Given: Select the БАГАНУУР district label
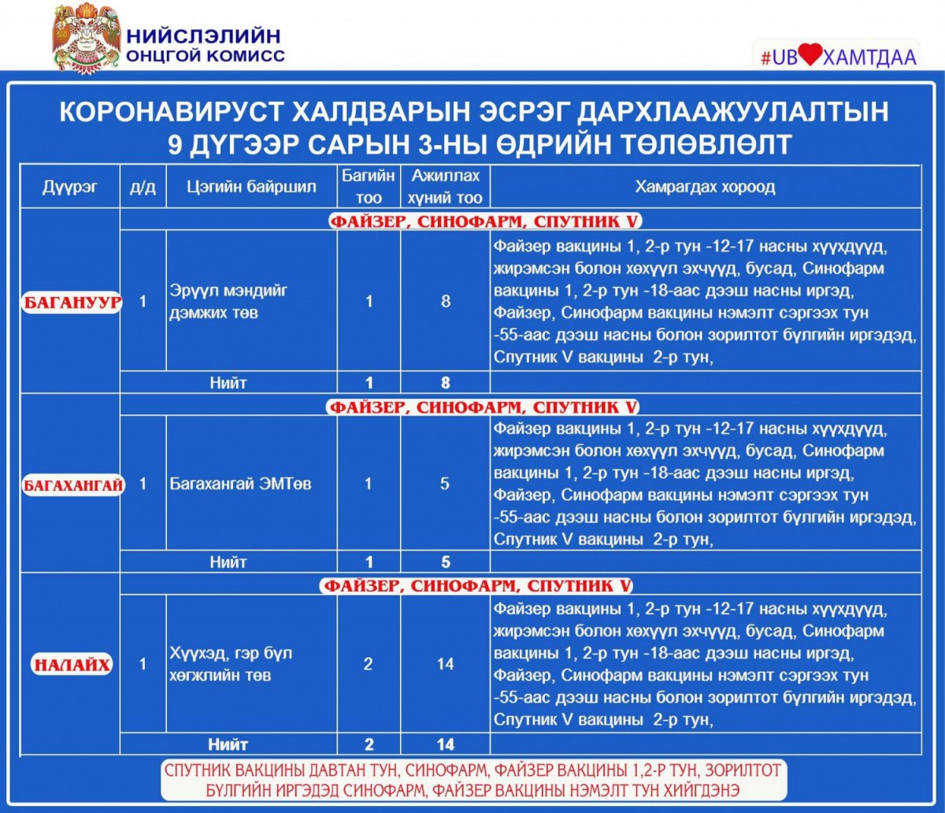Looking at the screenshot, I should tap(71, 302).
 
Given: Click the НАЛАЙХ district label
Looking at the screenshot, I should tap(72, 664).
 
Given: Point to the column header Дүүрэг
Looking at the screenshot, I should tap(71, 187).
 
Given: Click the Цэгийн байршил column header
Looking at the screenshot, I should tap(251, 187).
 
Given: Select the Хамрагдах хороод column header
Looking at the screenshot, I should tap(705, 187).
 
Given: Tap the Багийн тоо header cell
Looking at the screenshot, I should tap(369, 187).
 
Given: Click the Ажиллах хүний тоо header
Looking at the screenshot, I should tap(445, 187).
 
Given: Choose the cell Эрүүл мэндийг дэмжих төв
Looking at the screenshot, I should tap(229, 302).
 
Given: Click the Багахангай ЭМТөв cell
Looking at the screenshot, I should tap(240, 484).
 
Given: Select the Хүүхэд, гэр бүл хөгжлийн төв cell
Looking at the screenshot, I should tap(232, 664).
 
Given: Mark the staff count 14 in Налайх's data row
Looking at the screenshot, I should tap(445, 664).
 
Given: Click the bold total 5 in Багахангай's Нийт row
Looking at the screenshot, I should tap(445, 562).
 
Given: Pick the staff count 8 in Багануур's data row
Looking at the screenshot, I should tap(446, 302).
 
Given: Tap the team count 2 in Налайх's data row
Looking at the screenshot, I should tap(369, 664).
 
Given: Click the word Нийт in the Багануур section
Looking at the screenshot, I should tap(228, 384).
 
